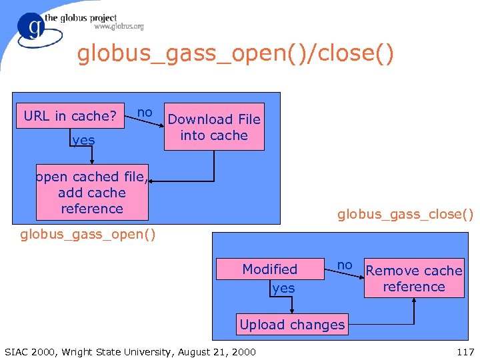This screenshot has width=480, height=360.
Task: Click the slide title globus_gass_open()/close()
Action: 235,54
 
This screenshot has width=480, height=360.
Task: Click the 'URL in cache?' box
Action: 70,116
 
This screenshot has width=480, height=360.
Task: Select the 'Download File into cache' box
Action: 214,127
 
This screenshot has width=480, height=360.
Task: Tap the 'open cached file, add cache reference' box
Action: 92,193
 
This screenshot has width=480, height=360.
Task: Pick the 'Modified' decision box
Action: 269,269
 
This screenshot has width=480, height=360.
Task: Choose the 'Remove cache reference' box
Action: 414,279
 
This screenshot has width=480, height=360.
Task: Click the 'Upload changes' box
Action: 292,325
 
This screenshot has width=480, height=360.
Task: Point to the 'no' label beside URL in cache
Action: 145,112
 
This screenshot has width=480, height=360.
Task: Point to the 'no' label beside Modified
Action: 345,265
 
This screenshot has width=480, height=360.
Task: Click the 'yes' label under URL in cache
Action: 83,140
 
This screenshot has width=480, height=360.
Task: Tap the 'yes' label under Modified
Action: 283,288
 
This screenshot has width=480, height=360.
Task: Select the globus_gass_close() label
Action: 405,214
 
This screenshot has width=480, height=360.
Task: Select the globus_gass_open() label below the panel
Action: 88,234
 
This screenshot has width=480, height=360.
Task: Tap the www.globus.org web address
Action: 119,27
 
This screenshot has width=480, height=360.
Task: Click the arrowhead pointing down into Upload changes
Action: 292,311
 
